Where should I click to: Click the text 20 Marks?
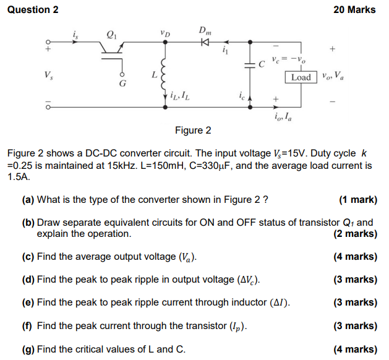pyautogui.click(x=354, y=9)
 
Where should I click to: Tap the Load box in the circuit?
pyautogui.click(x=301, y=77)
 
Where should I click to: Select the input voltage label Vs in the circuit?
pyautogui.click(x=48, y=75)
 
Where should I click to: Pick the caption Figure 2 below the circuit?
pyautogui.click(x=193, y=130)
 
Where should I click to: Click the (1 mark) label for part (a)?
pyautogui.click(x=358, y=200)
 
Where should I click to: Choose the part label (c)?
pyautogui.click(x=28, y=257)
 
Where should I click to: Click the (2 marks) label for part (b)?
pyautogui.click(x=354, y=234)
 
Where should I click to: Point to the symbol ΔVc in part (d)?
pyautogui.click(x=246, y=280)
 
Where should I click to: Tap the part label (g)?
pyautogui.click(x=28, y=349)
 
